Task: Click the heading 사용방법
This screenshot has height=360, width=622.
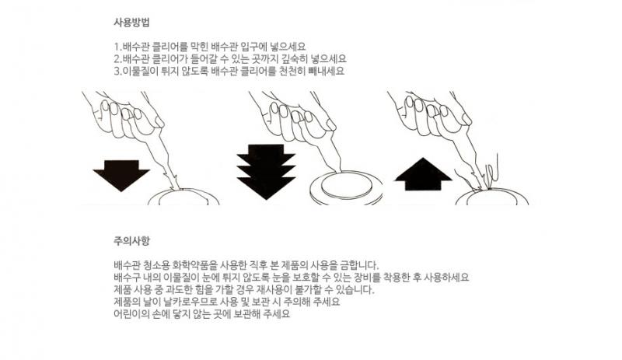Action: pos(131,23)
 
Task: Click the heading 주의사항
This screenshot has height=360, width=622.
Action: pos(131,240)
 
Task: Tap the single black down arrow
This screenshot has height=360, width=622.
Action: pos(121,176)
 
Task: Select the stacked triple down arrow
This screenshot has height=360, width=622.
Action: pos(266,172)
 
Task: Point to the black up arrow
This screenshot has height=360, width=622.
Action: pos(423,174)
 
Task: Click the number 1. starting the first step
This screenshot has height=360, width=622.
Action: pos(118,47)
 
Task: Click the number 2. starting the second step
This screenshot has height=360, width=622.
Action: pos(118,59)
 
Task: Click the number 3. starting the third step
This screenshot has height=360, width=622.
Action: pos(118,72)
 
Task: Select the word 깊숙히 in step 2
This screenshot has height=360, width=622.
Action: pos(295,59)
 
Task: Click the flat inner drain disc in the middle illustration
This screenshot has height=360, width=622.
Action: pos(347,184)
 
